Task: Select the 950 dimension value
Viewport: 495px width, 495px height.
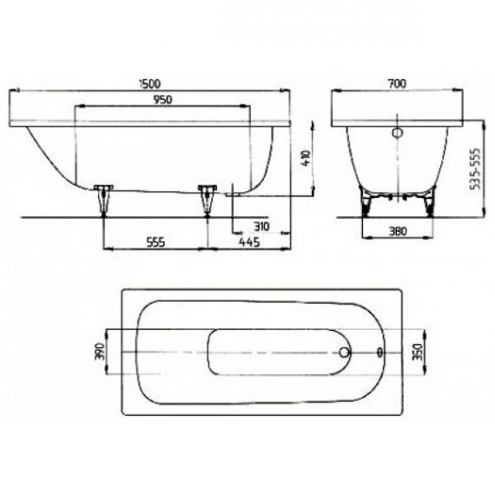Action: [x=162, y=100]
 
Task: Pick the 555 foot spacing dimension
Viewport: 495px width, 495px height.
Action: [x=155, y=242]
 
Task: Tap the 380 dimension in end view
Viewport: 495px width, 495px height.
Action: [x=398, y=232]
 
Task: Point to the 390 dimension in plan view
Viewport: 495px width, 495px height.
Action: [x=98, y=352]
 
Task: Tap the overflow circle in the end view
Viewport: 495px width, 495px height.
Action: [x=398, y=134]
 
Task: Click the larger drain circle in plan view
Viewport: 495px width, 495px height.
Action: [x=345, y=353]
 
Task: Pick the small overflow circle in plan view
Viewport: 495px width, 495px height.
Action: [x=379, y=353]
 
